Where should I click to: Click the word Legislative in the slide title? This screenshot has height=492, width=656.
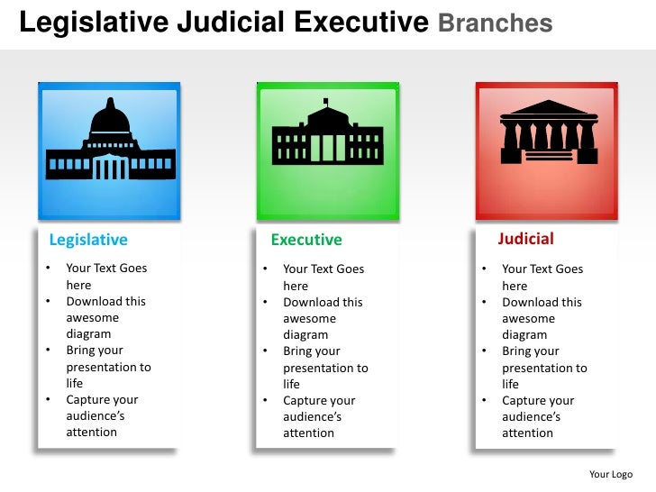tap(89, 22)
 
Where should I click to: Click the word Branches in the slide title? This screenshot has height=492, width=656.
tap(495, 23)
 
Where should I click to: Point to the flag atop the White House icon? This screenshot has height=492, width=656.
tap(326, 101)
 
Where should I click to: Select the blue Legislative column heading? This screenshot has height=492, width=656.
tap(88, 240)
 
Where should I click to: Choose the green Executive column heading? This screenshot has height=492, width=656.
tap(306, 240)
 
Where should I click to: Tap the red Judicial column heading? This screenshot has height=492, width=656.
tap(525, 239)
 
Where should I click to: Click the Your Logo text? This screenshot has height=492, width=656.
tap(610, 474)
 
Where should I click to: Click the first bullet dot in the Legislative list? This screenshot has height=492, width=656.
tap(48, 268)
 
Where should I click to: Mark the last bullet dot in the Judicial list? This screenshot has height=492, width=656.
tap(484, 400)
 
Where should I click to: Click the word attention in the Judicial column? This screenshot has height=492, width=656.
tap(527, 433)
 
